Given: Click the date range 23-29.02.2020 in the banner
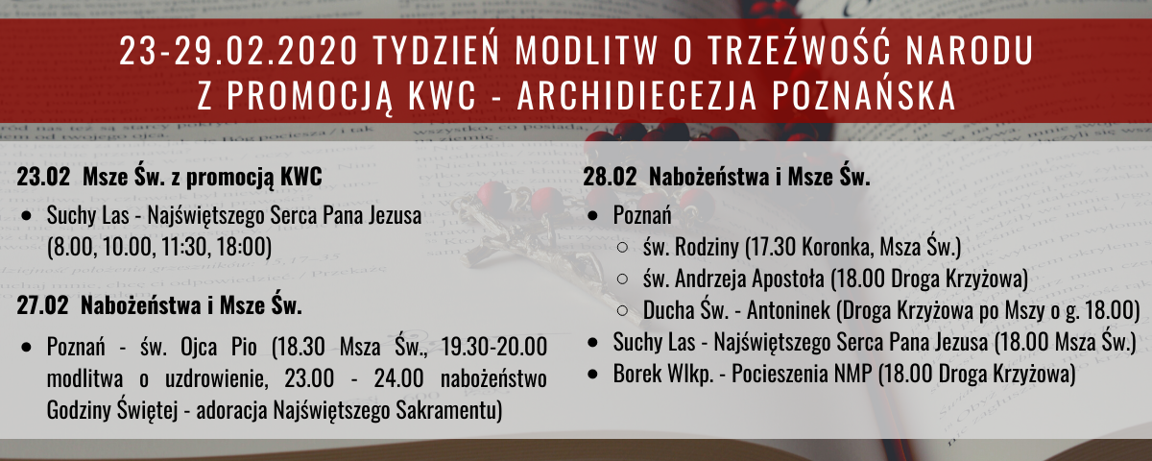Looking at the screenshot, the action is click(238, 50).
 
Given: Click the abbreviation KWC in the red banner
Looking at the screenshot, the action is click(443, 96).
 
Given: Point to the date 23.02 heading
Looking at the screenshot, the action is click(43, 177).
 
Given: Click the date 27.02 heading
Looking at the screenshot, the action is click(42, 306).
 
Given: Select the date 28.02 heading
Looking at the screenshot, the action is click(610, 177).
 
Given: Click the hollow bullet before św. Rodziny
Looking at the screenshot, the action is click(622, 248).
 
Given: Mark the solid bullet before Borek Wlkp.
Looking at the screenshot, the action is click(593, 375).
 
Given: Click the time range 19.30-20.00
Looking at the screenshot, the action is click(493, 347).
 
